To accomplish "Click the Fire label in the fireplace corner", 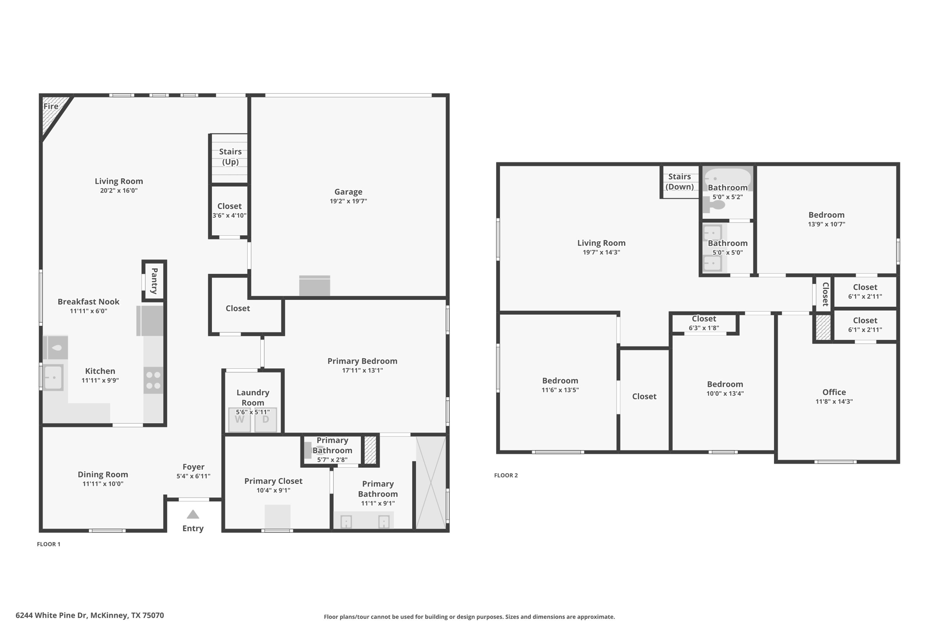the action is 51,106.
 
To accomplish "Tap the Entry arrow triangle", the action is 193,515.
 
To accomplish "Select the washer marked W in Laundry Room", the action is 240,420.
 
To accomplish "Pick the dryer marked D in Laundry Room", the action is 265,420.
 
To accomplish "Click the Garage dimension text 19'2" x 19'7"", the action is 348,201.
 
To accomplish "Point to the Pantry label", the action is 155,281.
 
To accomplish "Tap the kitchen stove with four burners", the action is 153,380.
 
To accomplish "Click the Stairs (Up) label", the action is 230,156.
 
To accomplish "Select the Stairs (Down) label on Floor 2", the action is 679,182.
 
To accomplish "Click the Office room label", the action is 834,392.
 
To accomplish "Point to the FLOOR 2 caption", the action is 506,475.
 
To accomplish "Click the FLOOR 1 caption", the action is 49,544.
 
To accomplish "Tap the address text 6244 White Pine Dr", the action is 51,615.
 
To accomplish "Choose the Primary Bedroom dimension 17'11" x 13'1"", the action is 362,371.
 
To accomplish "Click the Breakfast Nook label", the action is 88,302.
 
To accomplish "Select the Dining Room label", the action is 103,475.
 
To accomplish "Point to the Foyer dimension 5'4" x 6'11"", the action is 193,476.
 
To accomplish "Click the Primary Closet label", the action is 273,481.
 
